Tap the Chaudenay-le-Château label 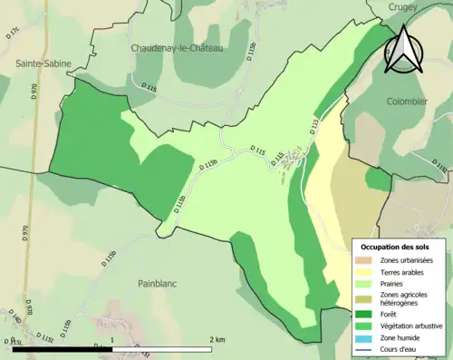pos(178,48)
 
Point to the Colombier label pos(407,102)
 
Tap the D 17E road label pos(12,35)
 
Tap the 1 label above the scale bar pos(111,339)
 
